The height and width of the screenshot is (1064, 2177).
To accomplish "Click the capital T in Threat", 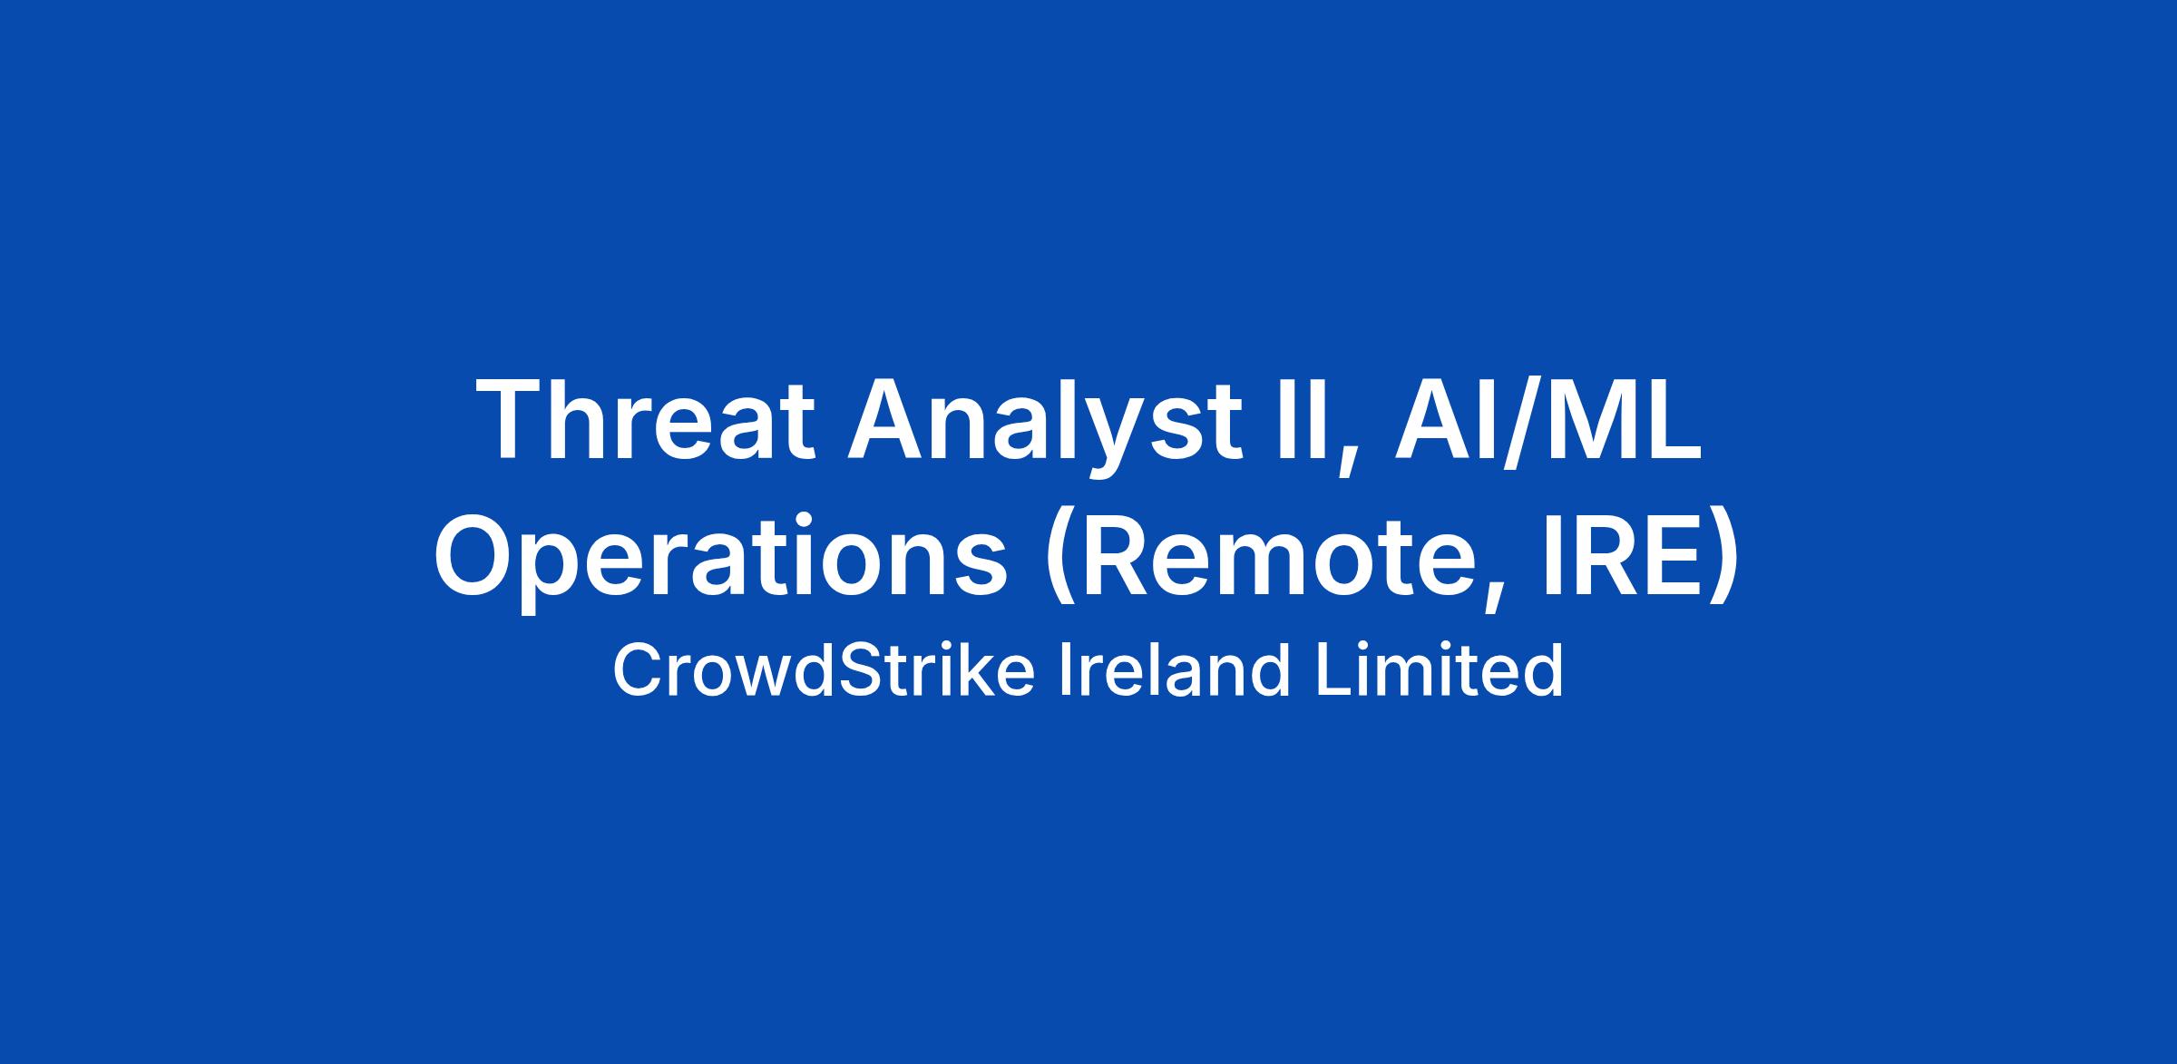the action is (511, 421).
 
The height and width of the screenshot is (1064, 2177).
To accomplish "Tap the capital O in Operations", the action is (477, 556).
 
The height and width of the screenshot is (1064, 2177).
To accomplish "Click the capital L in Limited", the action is (1333, 670).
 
